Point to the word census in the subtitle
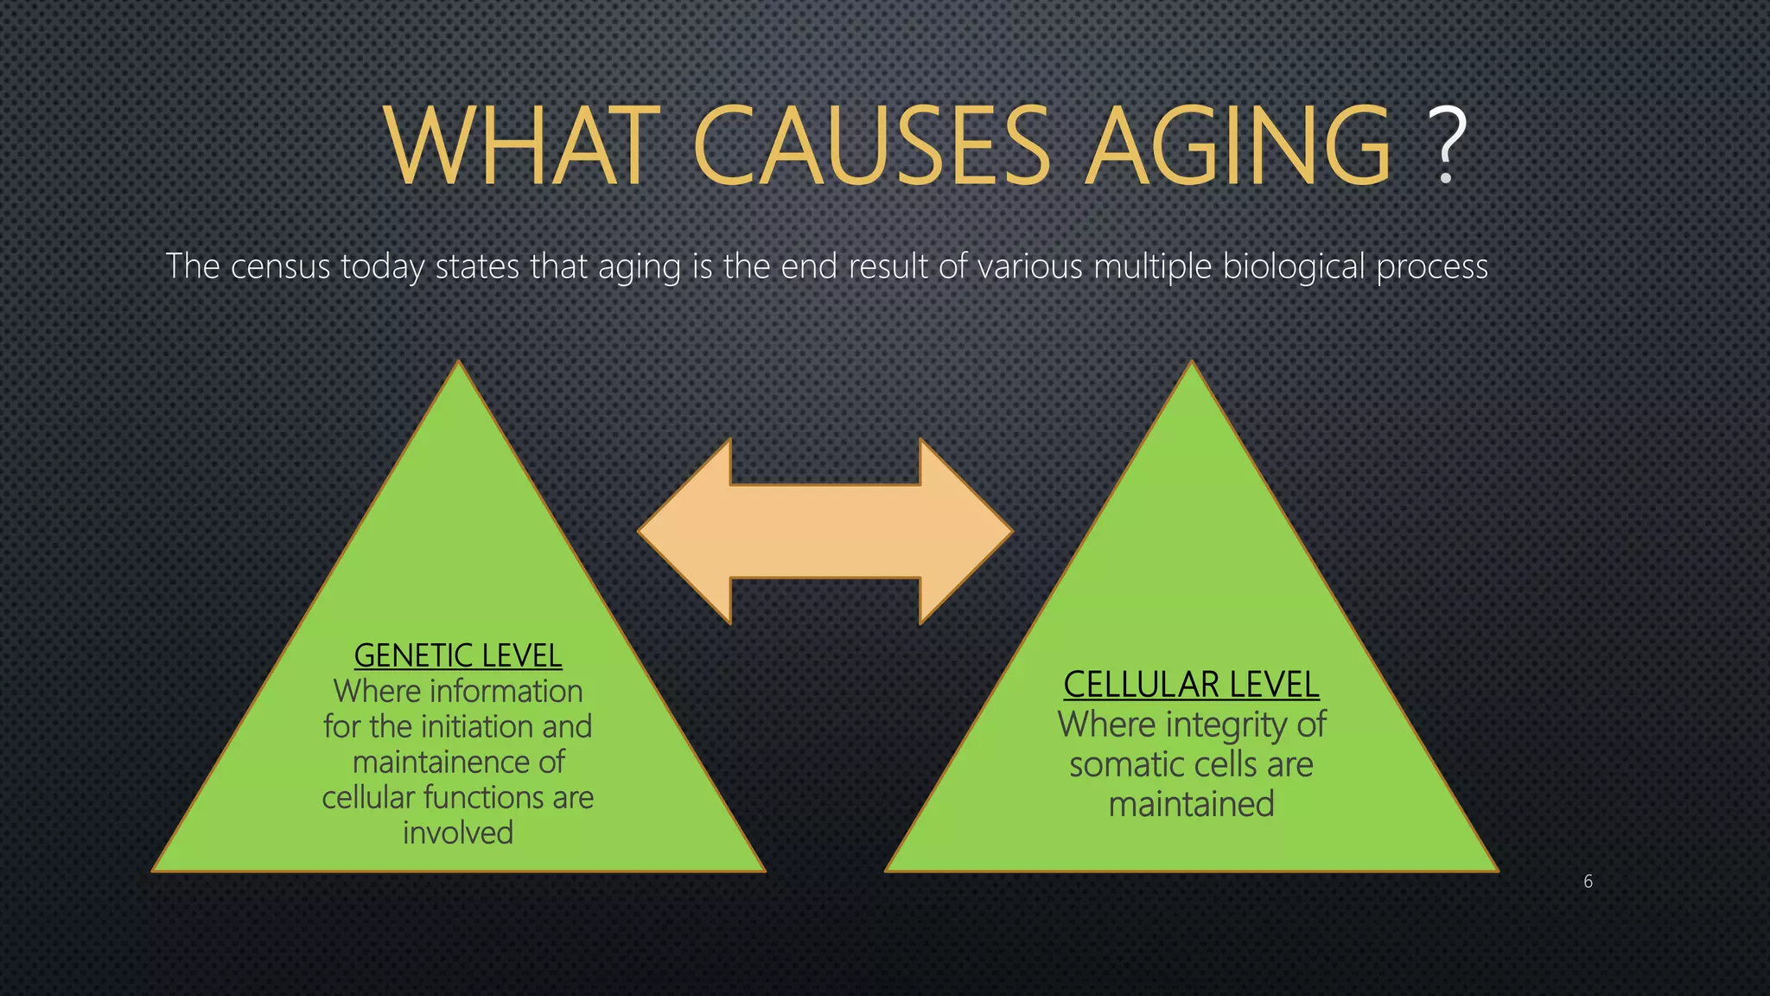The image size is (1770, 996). click(x=280, y=266)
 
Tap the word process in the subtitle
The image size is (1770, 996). click(x=1432, y=268)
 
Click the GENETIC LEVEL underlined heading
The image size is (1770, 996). click(x=458, y=655)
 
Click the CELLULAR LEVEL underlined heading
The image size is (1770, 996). click(x=1191, y=685)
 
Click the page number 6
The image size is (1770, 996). click(x=1588, y=881)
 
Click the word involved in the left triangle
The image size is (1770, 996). click(x=458, y=833)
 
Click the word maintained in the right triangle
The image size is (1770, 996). click(x=1191, y=804)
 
